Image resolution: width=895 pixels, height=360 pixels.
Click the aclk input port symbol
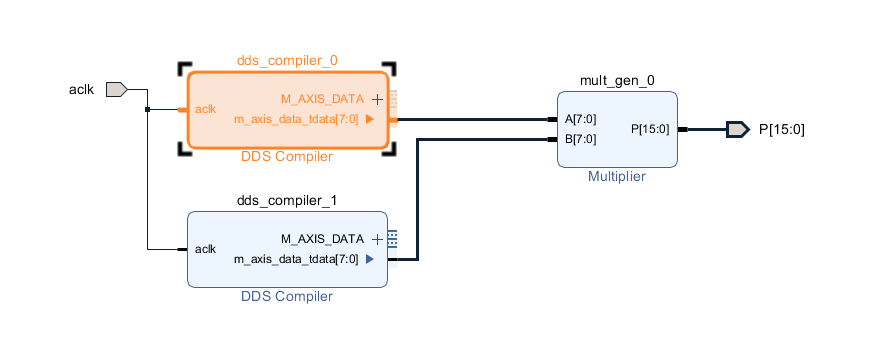116,89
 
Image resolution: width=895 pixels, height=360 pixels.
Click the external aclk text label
80,89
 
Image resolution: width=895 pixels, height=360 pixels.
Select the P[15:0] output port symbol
737,129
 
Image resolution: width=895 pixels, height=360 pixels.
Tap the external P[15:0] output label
782,129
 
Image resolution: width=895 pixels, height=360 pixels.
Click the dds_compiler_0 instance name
287,60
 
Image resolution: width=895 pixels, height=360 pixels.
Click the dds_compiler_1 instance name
287,200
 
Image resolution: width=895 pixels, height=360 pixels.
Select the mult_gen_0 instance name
618,80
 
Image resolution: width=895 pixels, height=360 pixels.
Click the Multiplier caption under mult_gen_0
617,176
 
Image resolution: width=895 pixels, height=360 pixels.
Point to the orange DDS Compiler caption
287,157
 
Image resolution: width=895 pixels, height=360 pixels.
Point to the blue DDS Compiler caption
287,296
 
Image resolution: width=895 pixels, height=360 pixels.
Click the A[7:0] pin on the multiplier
580,119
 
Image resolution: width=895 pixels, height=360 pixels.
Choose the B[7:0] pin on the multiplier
580,139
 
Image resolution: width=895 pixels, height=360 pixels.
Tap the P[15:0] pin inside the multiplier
650,129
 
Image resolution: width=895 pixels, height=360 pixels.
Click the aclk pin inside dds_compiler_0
205,109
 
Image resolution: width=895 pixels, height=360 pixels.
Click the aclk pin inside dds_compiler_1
205,249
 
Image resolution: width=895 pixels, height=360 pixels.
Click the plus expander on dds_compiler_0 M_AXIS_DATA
377,99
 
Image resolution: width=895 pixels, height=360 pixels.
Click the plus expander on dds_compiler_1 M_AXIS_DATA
377,239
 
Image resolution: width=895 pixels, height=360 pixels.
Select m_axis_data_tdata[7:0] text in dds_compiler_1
296,259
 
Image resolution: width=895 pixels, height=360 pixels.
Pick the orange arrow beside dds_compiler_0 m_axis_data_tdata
370,119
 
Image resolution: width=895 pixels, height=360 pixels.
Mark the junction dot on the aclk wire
147,109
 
